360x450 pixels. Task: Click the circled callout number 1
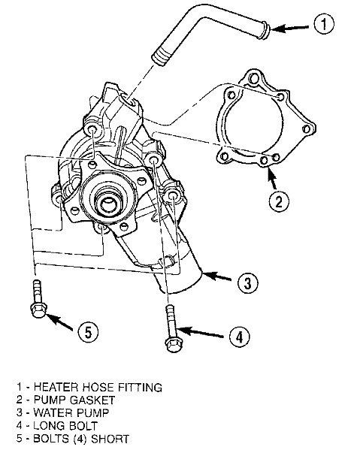324,24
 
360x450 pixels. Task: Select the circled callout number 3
248,282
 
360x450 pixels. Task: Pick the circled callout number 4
240,337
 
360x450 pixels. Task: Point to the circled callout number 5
88,332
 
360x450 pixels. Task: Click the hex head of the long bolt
173,344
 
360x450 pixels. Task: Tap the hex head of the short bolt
38,310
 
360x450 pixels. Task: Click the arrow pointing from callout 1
290,28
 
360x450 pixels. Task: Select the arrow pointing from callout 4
201,333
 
